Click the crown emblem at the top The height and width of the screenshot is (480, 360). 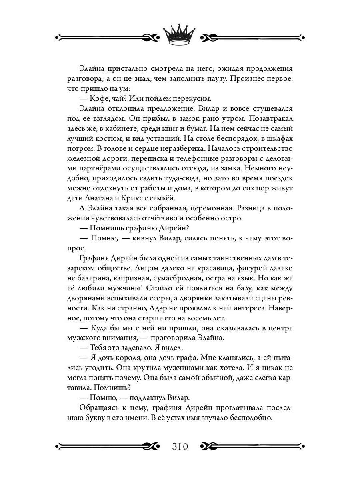point(180,36)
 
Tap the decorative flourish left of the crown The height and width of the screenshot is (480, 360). point(108,38)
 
